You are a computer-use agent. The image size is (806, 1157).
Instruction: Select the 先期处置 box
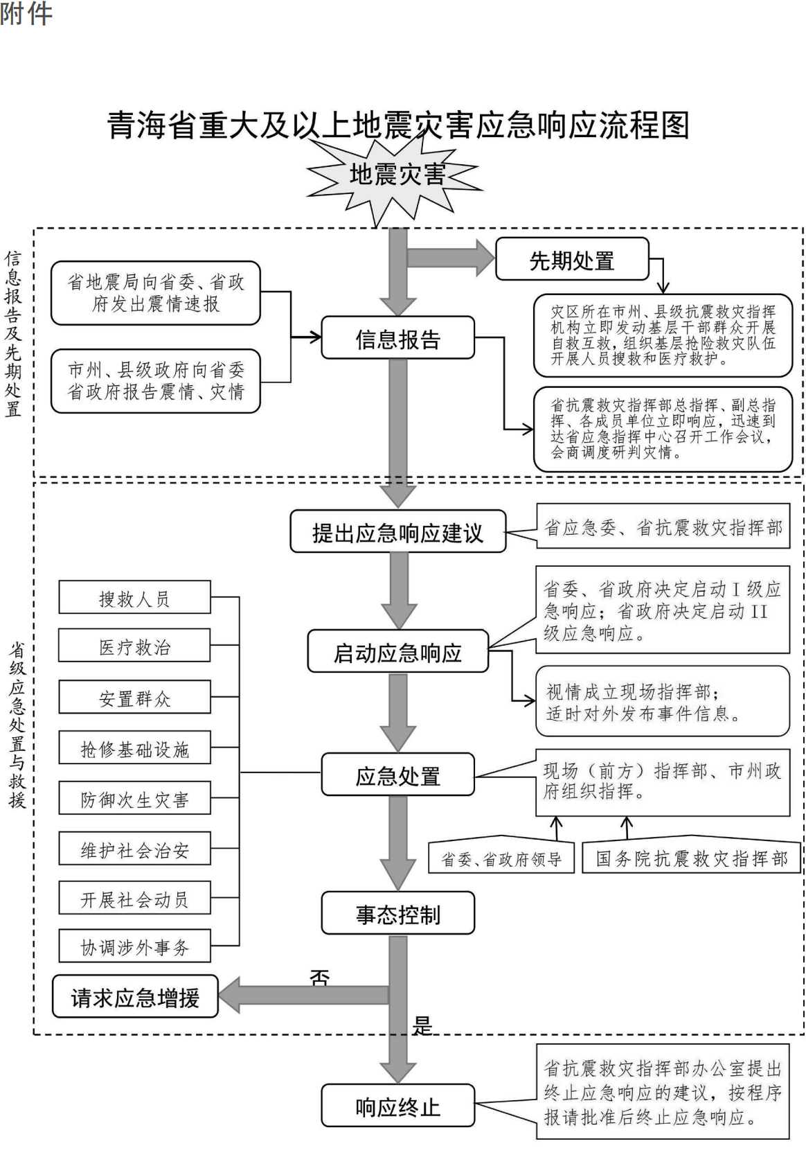pyautogui.click(x=572, y=259)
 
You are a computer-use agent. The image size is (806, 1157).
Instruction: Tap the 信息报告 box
pyautogui.click(x=397, y=338)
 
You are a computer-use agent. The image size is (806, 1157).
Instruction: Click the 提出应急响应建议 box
pyautogui.click(x=397, y=531)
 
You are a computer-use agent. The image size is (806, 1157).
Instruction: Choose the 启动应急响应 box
pyautogui.click(x=397, y=651)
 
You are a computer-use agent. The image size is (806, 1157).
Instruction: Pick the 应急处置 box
pyautogui.click(x=397, y=775)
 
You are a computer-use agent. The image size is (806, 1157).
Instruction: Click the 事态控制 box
pyautogui.click(x=397, y=912)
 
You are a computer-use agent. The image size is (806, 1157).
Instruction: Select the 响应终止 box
pyautogui.click(x=397, y=1105)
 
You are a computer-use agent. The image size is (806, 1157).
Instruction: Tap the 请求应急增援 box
pyautogui.click(x=135, y=996)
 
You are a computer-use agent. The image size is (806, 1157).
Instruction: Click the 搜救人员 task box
pyautogui.click(x=135, y=597)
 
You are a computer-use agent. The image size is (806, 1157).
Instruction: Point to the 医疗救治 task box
pyautogui.click(x=135, y=645)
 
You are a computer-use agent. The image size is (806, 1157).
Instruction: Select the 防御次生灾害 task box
pyautogui.click(x=135, y=798)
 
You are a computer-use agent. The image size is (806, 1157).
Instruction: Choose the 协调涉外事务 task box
pyautogui.click(x=135, y=946)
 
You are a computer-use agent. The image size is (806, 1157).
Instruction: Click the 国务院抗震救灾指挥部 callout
pyautogui.click(x=691, y=855)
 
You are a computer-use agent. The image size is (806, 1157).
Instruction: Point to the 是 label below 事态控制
pyautogui.click(x=422, y=1026)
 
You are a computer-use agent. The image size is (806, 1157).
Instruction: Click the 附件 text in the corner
pyautogui.click(x=26, y=13)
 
